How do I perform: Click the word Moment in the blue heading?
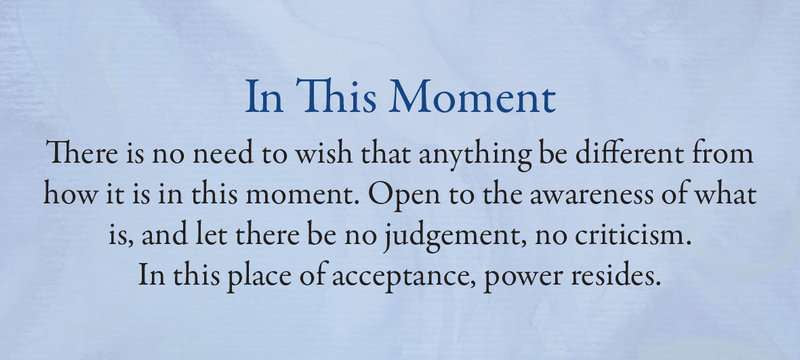click(472, 97)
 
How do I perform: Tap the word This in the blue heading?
click(336, 96)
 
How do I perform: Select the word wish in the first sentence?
click(324, 152)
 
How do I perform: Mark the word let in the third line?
click(208, 235)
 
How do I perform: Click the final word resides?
click(615, 275)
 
